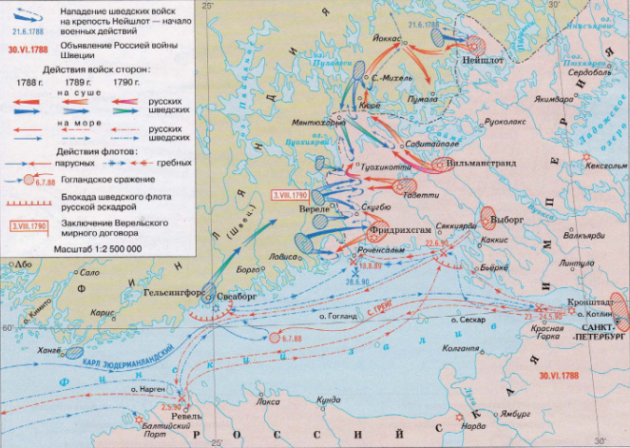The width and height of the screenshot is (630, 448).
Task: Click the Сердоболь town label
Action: click(x=587, y=72)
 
